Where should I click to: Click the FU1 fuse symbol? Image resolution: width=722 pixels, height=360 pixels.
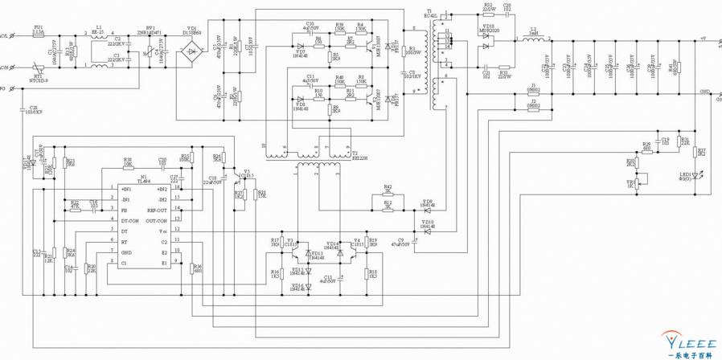click(x=39, y=35)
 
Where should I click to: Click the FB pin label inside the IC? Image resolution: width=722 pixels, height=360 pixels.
click(x=124, y=211)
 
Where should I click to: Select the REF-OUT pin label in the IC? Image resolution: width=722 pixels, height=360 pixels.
click(x=157, y=211)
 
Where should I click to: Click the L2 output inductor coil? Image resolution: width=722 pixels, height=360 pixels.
click(x=531, y=39)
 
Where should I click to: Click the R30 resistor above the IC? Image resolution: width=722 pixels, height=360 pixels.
click(x=127, y=166)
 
